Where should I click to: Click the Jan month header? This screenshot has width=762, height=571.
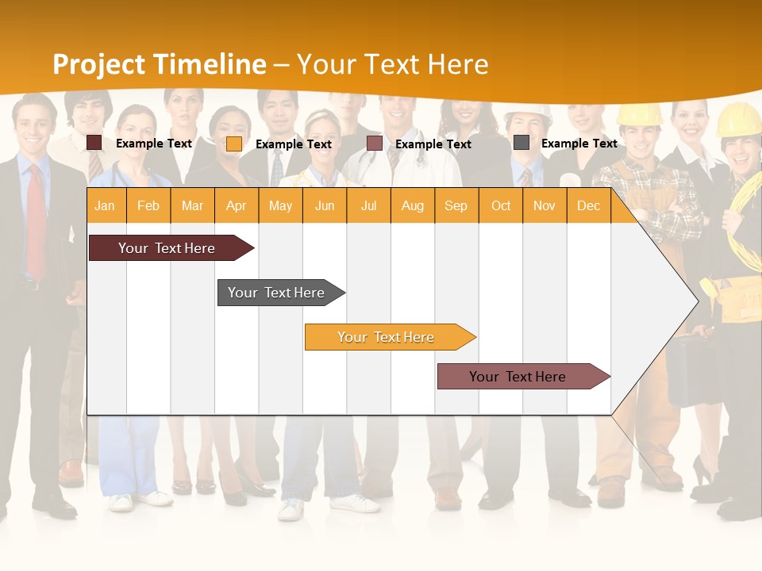[106, 205]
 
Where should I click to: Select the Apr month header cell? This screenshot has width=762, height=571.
[237, 205]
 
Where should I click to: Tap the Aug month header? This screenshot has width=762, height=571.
[412, 205]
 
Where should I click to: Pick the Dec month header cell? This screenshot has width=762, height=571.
[588, 205]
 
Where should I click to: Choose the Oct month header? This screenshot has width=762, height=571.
[500, 205]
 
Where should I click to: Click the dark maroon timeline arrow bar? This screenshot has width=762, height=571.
[167, 248]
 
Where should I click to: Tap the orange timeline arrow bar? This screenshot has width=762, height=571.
[387, 337]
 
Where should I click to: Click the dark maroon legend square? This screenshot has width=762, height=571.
[94, 143]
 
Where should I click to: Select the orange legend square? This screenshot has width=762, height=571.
[234, 144]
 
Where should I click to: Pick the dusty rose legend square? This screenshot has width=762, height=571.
[375, 144]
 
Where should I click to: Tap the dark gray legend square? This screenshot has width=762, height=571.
[521, 143]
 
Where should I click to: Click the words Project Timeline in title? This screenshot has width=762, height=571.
[159, 64]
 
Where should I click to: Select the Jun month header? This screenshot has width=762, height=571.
[324, 205]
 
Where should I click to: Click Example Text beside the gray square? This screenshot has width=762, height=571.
[579, 143]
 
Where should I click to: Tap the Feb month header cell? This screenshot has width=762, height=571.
[148, 205]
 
